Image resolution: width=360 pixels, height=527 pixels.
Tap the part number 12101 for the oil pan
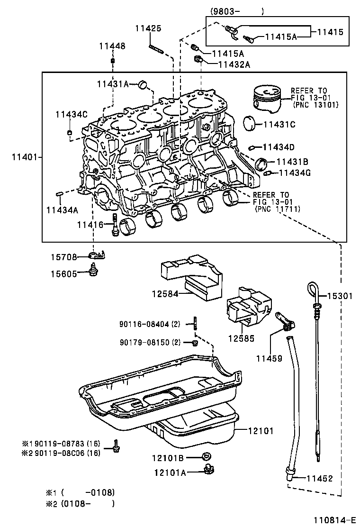(x=261, y=430)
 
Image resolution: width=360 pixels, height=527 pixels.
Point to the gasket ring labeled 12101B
(x=206, y=456)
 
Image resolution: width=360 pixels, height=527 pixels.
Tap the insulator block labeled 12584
(x=192, y=277)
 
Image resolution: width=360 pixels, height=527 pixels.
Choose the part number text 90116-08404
(x=144, y=324)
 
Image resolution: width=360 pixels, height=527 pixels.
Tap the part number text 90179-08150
(x=144, y=342)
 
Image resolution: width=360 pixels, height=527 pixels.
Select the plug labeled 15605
(x=93, y=273)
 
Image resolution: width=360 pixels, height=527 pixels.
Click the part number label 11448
(x=112, y=46)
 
